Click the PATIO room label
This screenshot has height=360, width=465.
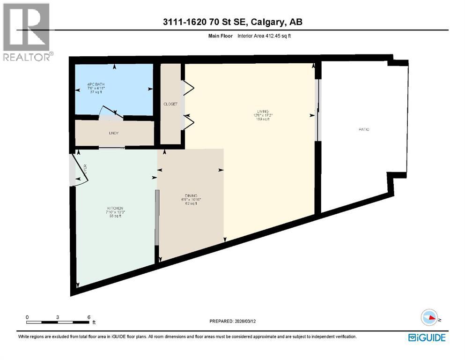coord(364,129)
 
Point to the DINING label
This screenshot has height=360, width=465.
coord(191,195)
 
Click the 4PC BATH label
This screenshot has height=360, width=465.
coord(95,85)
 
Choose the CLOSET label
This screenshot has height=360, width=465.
coord(170,104)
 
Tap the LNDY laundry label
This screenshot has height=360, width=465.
coord(114,133)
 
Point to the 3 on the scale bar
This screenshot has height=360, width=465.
coord(57,317)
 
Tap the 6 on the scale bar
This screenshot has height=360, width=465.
coord(89,317)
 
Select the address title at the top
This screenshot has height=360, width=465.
coord(232,22)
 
